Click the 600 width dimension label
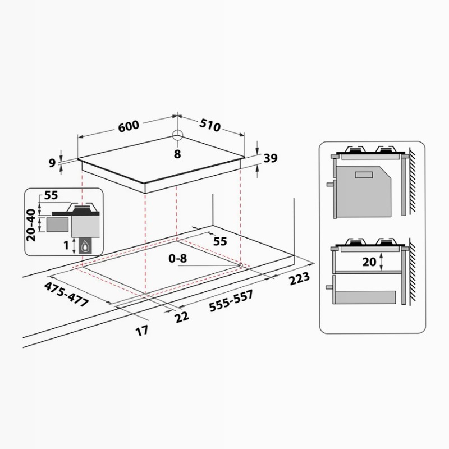[x=129, y=126]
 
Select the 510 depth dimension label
[x=210, y=125]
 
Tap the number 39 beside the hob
[x=271, y=158]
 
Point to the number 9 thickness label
[x=52, y=163]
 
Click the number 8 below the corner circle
[x=177, y=154]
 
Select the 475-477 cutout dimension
[x=66, y=294]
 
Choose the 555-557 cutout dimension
[x=231, y=301]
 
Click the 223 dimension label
[x=300, y=278]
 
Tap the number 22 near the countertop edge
[x=182, y=317]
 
